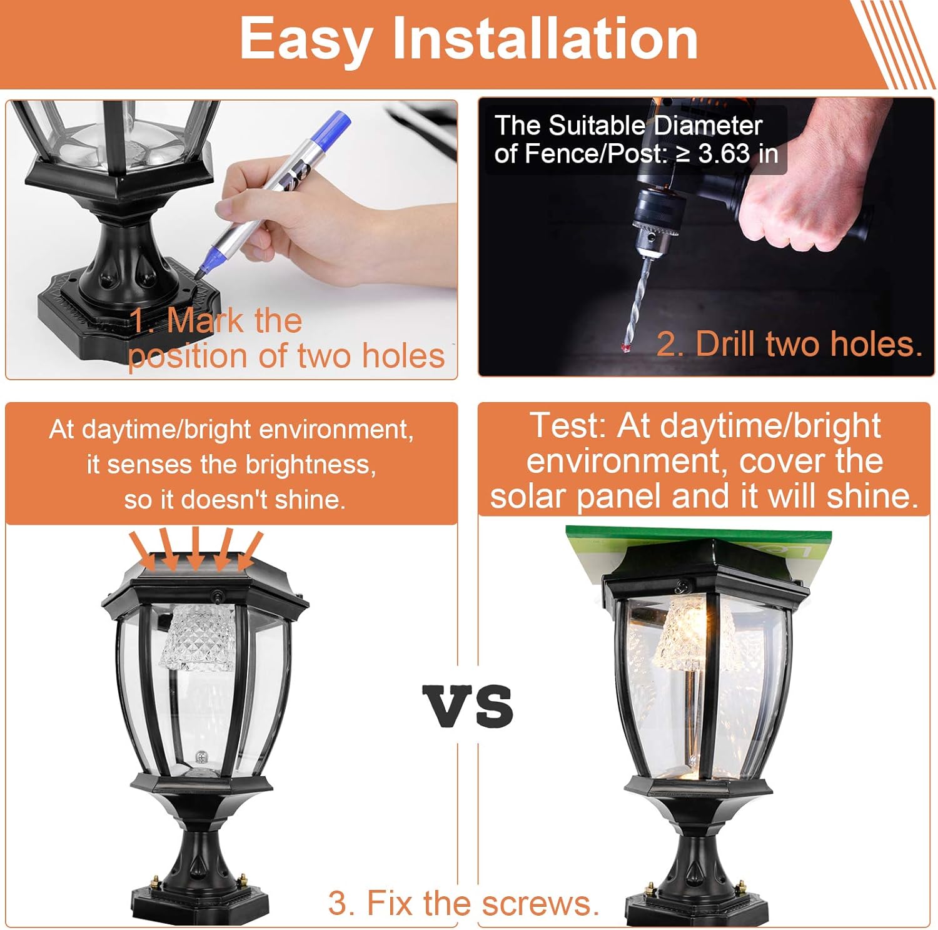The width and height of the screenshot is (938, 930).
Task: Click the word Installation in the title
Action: (545, 39)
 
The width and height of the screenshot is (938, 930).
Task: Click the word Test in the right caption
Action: (567, 427)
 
